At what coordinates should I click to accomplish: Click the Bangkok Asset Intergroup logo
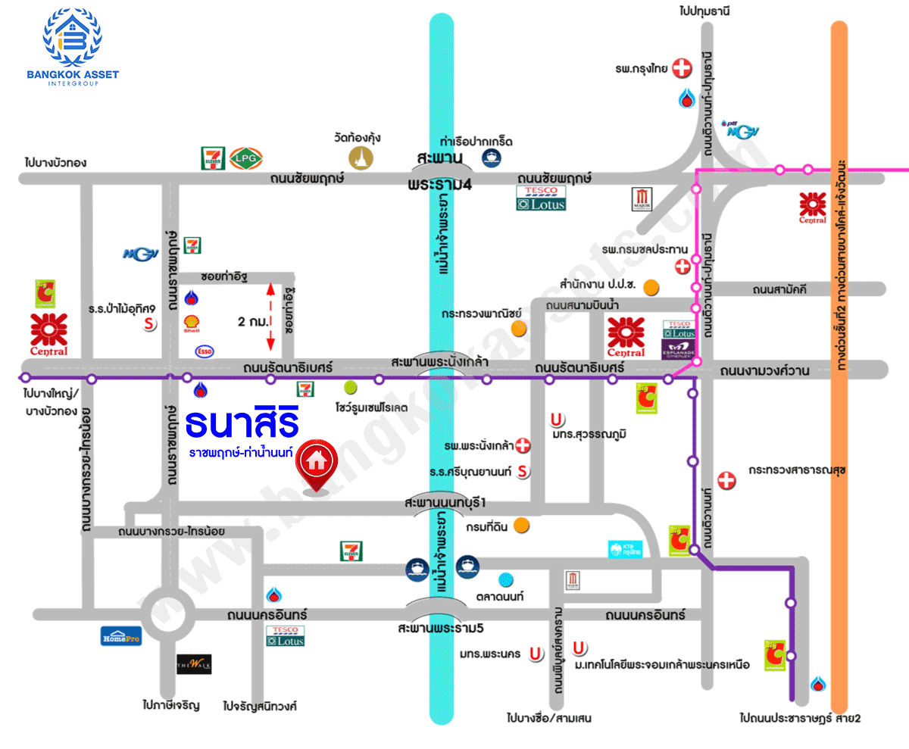[x=72, y=45]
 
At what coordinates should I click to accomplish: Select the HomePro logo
[x=121, y=636]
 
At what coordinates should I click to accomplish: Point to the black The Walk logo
[x=194, y=664]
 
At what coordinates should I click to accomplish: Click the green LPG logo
[x=246, y=158]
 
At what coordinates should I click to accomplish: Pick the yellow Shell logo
[x=192, y=325]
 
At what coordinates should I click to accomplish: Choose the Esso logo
[x=204, y=351]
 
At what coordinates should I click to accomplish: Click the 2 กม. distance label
[x=252, y=321]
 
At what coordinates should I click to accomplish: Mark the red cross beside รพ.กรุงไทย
[x=683, y=68]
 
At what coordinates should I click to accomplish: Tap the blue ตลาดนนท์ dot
[x=505, y=580]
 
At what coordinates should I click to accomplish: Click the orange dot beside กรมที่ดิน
[x=521, y=526]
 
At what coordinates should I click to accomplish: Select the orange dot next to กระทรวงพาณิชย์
[x=518, y=328]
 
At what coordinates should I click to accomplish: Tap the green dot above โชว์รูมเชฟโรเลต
[x=350, y=388]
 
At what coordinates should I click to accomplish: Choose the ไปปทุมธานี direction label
[x=708, y=11]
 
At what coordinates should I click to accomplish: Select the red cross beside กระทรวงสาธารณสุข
[x=726, y=480]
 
